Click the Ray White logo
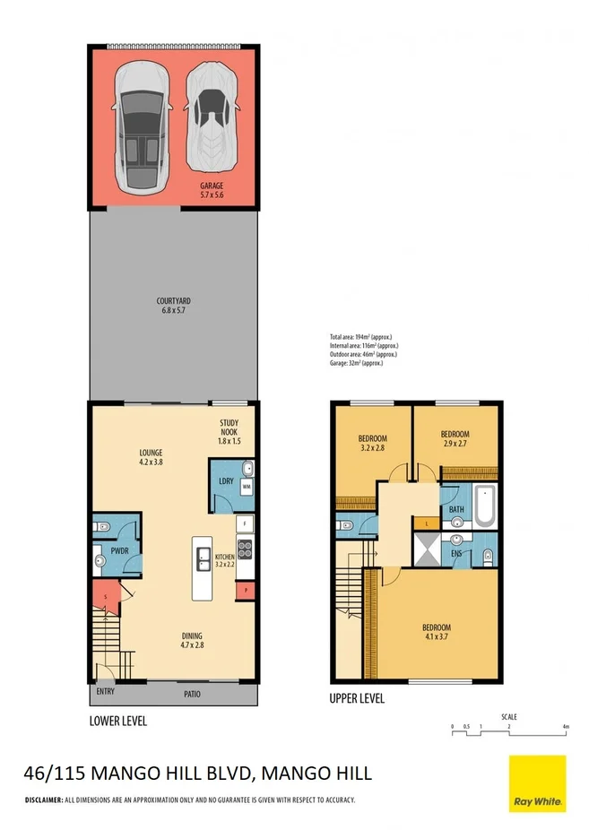[x=537, y=782]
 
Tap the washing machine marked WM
[x=246, y=486]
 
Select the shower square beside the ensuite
[x=425, y=549]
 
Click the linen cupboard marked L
[x=427, y=523]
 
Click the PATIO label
[x=192, y=694]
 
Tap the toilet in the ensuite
[x=486, y=557]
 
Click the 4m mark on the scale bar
[x=564, y=726]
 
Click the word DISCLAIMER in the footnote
[x=42, y=800]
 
